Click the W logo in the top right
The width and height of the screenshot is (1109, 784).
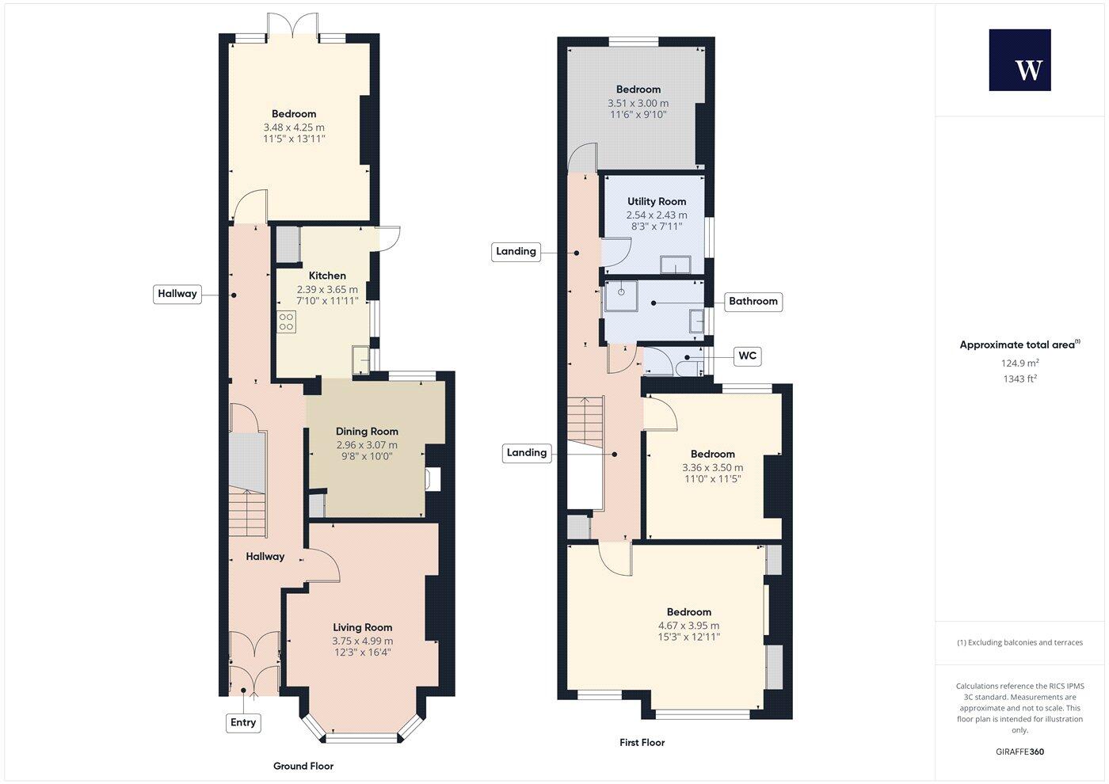point(1019,60)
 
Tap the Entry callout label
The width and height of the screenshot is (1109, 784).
point(243,722)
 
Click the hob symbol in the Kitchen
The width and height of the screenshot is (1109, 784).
point(287,322)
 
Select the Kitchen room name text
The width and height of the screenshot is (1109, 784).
point(327,276)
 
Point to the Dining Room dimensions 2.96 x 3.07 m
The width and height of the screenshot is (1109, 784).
point(367,445)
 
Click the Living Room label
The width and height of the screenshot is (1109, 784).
point(362,627)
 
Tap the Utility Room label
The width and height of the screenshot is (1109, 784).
point(657,201)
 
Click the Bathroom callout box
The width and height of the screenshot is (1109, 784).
point(753,301)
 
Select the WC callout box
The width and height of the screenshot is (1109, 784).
point(747,356)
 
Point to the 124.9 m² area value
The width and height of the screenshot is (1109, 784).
point(1019,363)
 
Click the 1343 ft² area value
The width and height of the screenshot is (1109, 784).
point(1019,379)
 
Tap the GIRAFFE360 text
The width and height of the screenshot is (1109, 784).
point(1019,752)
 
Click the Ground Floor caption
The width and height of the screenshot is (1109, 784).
point(303,766)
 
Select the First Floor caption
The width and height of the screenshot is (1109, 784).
point(642,742)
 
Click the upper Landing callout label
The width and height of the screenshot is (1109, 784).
point(516,251)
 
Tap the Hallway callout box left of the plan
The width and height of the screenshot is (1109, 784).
point(177,294)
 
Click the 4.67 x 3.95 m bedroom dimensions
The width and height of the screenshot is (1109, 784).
point(688,626)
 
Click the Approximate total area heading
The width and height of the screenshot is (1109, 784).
point(1019,344)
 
